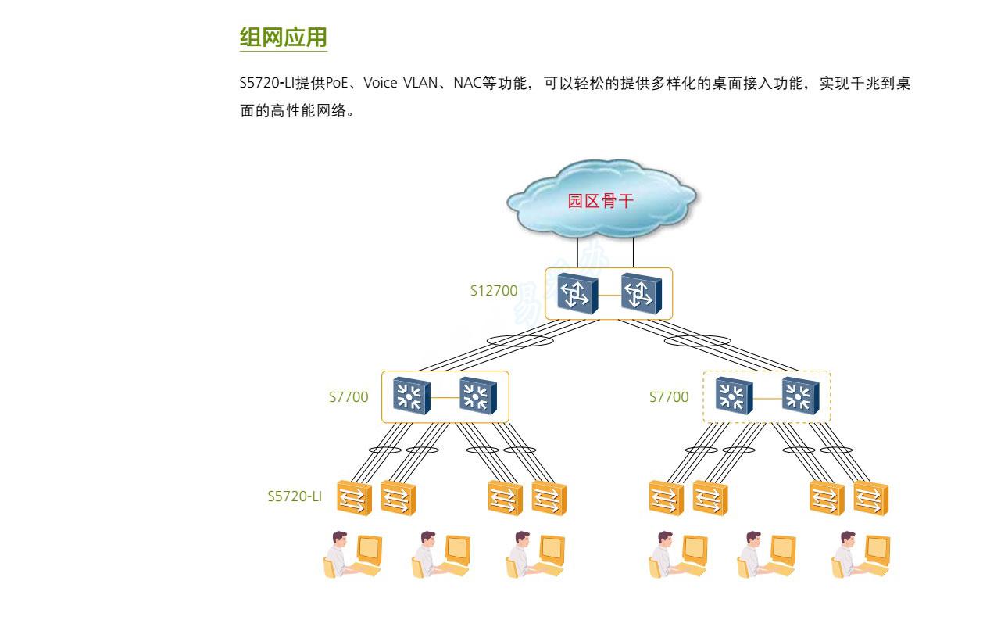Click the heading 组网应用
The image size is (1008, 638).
[283, 37]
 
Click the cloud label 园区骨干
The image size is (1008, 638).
[600, 200]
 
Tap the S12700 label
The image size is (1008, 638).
[494, 291]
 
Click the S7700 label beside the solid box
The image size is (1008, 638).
[349, 397]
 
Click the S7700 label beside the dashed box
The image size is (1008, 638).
[669, 397]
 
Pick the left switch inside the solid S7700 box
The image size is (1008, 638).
[411, 396]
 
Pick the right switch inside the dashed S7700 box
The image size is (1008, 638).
[801, 396]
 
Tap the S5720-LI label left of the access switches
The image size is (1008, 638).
[295, 496]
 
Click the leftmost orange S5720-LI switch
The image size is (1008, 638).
[354, 498]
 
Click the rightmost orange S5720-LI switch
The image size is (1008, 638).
[870, 498]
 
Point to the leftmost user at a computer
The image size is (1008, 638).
[352, 554]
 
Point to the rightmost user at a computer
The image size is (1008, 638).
[860, 554]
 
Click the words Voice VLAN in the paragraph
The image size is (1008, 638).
[401, 84]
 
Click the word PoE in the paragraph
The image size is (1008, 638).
[337, 84]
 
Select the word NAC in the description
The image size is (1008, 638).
[467, 84]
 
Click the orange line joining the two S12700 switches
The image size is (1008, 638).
[609, 296]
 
